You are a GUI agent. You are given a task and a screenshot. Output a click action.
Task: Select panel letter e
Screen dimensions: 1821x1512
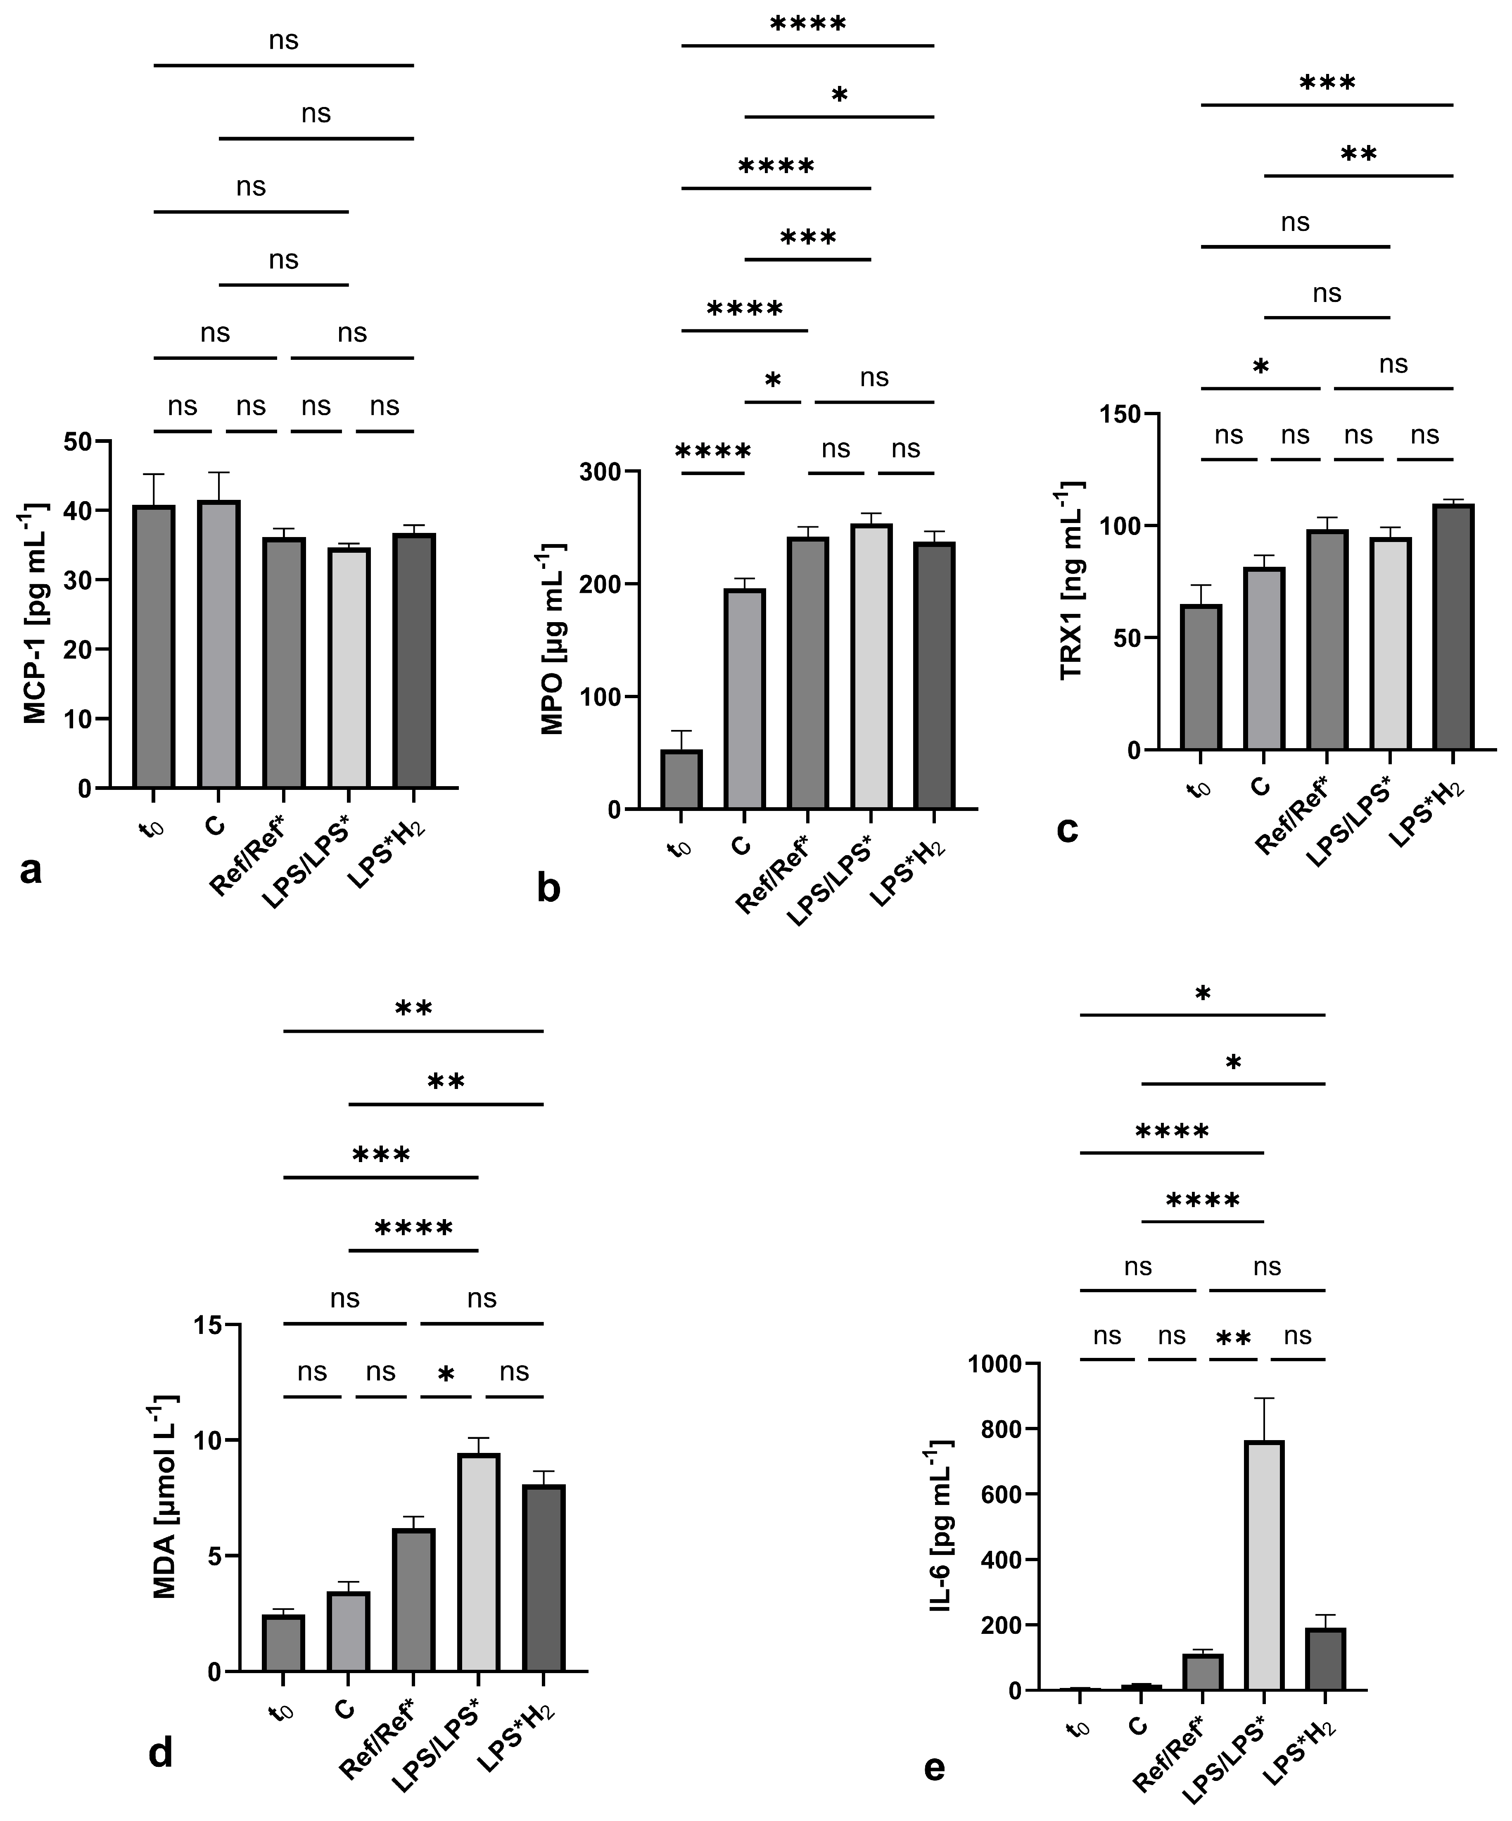934,1766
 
